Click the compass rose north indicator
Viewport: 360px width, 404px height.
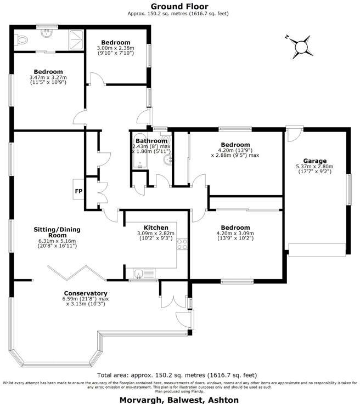pyautogui.click(x=301, y=48)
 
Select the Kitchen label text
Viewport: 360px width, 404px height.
pyautogui.click(x=156, y=227)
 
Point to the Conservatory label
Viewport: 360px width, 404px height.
pyautogui.click(x=85, y=293)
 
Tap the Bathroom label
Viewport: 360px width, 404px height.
pyautogui.click(x=151, y=141)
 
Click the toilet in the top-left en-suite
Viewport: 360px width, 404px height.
pyautogui.click(x=22, y=39)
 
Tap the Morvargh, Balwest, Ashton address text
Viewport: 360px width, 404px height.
pyautogui.click(x=179, y=400)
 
